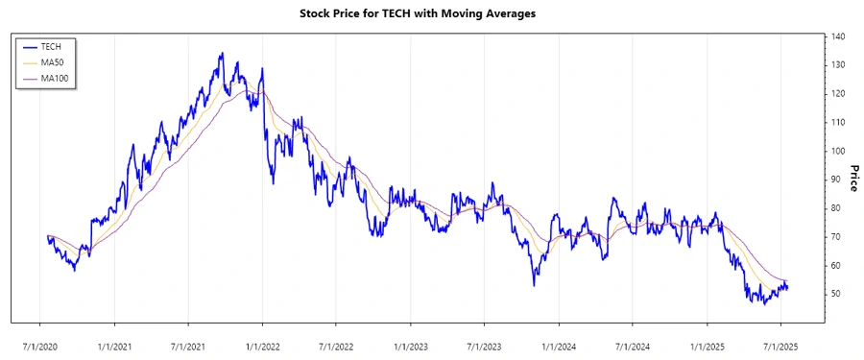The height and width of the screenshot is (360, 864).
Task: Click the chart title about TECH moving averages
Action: tap(432, 13)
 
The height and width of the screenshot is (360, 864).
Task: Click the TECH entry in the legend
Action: tap(51, 46)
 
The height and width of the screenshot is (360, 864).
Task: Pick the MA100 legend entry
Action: tap(54, 78)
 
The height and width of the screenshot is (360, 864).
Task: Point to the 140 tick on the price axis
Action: tap(838, 36)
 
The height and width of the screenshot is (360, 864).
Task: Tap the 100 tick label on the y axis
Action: tap(838, 151)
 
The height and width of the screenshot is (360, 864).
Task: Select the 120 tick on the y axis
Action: tap(838, 94)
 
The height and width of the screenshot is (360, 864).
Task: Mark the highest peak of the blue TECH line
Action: tap(221, 54)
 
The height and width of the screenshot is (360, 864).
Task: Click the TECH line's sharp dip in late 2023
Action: tap(534, 284)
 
